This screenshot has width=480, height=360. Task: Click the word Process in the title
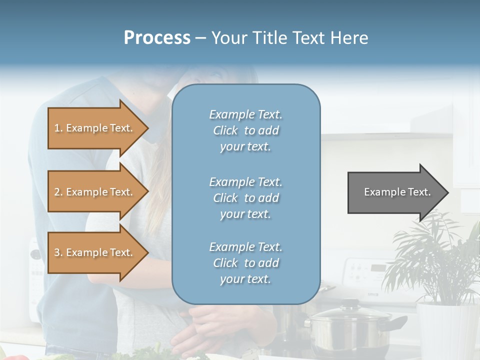coord(157,38)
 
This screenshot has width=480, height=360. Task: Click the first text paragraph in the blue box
coord(245,130)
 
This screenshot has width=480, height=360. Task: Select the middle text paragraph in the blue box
coord(245,198)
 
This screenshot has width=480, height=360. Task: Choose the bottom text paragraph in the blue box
coord(245,263)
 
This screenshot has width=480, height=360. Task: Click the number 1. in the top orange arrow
coord(58,128)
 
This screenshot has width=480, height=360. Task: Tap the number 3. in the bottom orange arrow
coord(58,252)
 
